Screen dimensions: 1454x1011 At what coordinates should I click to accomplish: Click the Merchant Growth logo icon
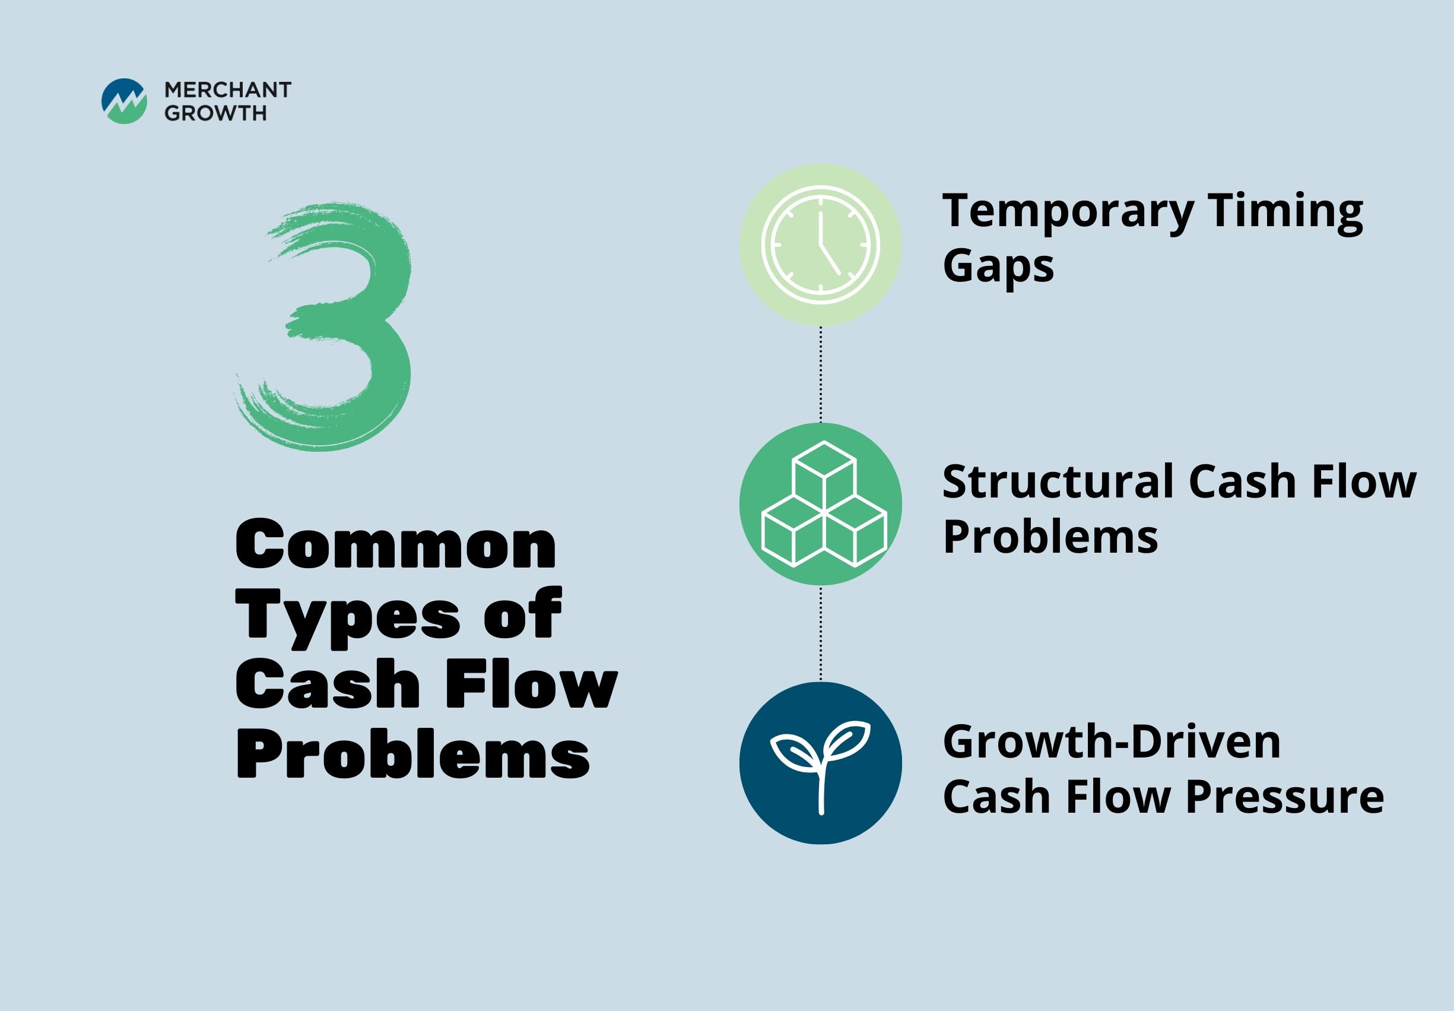tap(124, 101)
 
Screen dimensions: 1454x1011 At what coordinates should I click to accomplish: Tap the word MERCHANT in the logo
tap(228, 90)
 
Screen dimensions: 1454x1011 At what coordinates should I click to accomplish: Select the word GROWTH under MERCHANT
tap(215, 113)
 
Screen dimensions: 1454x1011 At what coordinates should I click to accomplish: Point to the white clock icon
tap(821, 245)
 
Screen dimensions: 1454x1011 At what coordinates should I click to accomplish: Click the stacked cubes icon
tap(824, 503)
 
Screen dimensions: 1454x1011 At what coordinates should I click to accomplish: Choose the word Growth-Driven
tap(1112, 742)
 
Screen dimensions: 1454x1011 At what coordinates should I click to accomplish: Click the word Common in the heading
tap(396, 544)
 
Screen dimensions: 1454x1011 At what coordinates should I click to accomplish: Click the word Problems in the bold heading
tap(413, 754)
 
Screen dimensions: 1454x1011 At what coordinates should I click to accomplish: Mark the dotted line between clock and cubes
tap(821, 375)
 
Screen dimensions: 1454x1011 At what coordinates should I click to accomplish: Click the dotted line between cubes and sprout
tap(821, 633)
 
